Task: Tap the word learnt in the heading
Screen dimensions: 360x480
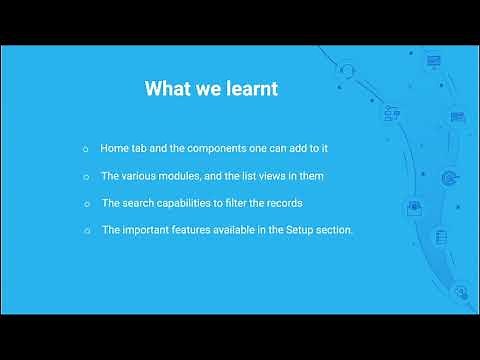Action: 249,89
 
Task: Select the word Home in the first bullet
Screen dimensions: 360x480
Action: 114,148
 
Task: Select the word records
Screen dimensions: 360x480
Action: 284,203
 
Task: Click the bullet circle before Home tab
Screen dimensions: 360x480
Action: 86,149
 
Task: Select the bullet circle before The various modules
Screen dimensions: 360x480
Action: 86,177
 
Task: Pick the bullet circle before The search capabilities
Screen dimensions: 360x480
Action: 87,204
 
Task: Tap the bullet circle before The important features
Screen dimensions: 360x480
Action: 87,232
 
